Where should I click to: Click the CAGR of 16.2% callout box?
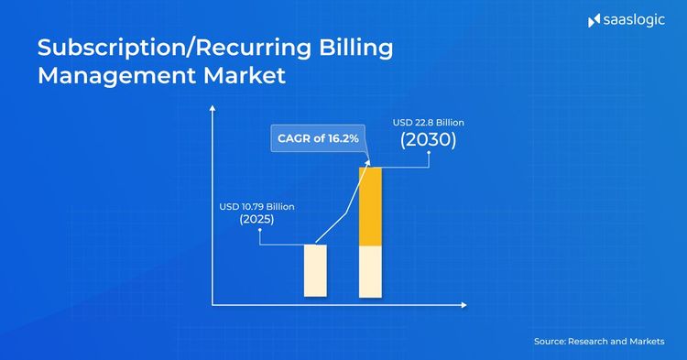pos(317,138)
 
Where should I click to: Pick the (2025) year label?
pos(256,221)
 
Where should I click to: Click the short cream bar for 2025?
pos(315,270)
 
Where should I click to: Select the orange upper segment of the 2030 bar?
pos(370,206)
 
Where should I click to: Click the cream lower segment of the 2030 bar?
pos(370,272)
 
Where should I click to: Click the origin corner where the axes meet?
pos(213,304)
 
